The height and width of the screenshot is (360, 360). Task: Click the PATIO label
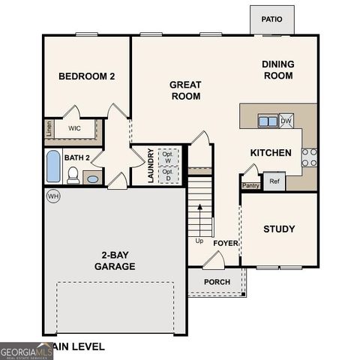[271, 19]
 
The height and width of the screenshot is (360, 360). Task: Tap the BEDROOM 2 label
[86, 76]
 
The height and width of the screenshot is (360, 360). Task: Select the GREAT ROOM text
[185, 90]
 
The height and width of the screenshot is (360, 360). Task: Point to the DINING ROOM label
[277, 70]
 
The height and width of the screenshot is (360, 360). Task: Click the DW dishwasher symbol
[286, 120]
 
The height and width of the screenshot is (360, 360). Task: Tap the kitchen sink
[266, 120]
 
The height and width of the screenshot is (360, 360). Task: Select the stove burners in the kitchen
[309, 156]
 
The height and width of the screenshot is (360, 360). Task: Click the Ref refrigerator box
[274, 181]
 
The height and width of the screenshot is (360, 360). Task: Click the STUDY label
[279, 229]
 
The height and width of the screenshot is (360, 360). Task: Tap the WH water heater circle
[52, 196]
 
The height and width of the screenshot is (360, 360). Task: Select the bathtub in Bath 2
[52, 166]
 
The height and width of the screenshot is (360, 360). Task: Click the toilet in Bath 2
[73, 175]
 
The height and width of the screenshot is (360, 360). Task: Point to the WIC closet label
[74, 128]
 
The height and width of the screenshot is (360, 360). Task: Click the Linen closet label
[48, 128]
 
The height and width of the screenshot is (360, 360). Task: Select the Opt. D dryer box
[168, 175]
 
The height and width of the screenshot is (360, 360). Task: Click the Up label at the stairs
[199, 241]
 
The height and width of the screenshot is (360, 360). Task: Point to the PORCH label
[217, 282]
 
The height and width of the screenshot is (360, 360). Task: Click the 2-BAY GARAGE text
[115, 260]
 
